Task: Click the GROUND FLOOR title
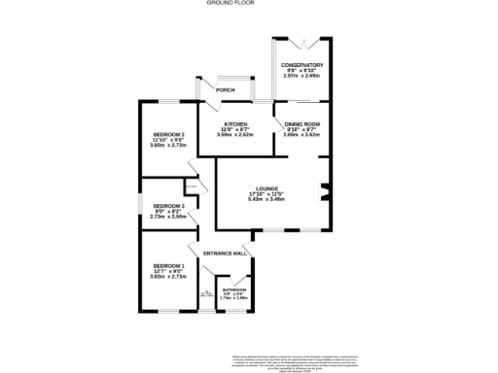tap(248, 4)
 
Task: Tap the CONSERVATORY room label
tap(302, 65)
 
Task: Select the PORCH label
tap(225, 91)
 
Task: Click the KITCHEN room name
tap(235, 124)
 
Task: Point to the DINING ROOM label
tap(302, 124)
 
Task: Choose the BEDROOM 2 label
tap(169, 133)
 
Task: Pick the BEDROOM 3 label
tap(169, 206)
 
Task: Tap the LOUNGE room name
tap(267, 188)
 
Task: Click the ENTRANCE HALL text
tap(222, 254)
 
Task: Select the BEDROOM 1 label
tap(168, 265)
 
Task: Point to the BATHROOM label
tap(234, 290)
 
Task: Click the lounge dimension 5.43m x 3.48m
tap(267, 200)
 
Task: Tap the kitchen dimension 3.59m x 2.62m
tap(235, 135)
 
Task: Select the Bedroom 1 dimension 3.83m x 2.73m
tap(168, 277)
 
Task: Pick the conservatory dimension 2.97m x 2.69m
tap(302, 76)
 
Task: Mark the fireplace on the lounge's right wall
tap(326, 190)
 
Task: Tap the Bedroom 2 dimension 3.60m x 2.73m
tap(169, 145)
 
